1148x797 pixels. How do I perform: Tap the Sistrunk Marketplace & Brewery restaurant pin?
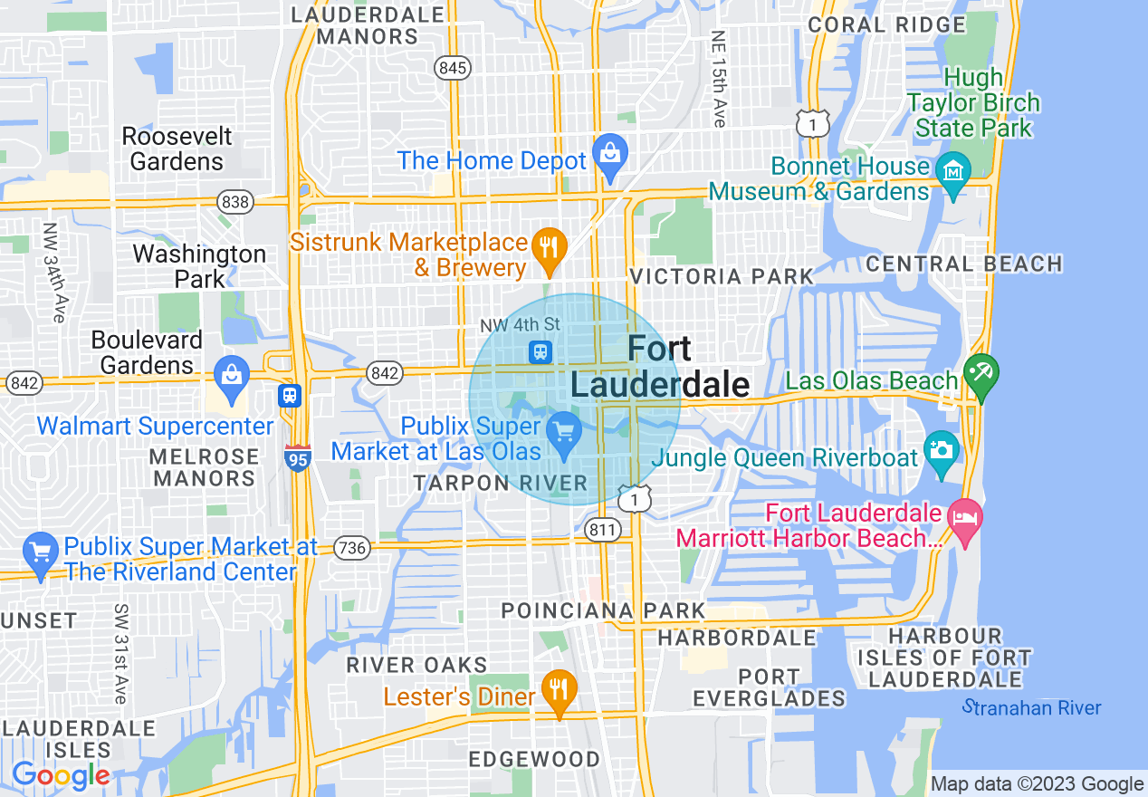548,245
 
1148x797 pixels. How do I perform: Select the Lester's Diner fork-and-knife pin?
559,688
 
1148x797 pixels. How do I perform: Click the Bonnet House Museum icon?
953,168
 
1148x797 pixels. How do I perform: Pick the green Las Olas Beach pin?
981,372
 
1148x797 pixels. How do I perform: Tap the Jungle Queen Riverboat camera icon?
942,449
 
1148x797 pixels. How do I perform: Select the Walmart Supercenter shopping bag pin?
231,374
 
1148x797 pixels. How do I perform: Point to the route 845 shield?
452,67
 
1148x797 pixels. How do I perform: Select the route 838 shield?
235,201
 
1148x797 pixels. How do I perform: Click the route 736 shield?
351,547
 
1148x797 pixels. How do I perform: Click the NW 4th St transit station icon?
541,350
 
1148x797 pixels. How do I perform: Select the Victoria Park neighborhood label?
722,276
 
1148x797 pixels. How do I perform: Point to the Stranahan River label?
1032,707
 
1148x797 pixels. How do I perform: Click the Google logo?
61,776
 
